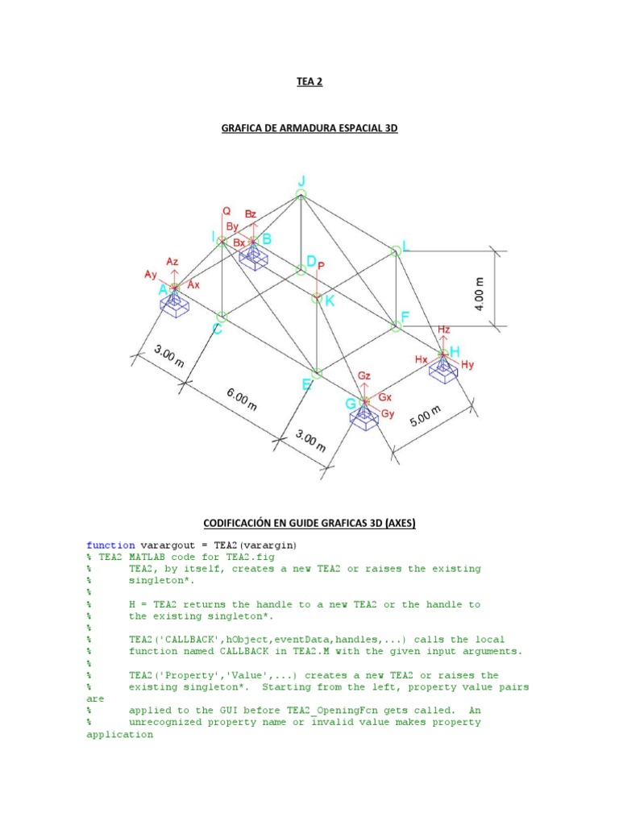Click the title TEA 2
[x=309, y=81]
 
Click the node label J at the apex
[x=301, y=181]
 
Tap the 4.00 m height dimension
[x=480, y=294]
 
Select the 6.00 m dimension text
[x=241, y=398]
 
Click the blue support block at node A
[x=174, y=303]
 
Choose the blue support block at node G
[x=364, y=415]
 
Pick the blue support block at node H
[x=442, y=369]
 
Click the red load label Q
[x=226, y=211]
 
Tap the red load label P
[x=321, y=265]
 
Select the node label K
[x=329, y=301]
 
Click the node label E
[x=306, y=385]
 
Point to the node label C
[x=217, y=328]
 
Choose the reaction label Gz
[x=364, y=376]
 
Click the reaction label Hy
[x=467, y=365]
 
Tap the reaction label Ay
[x=152, y=275]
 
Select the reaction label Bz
[x=251, y=214]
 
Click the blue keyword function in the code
[x=110, y=545]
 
